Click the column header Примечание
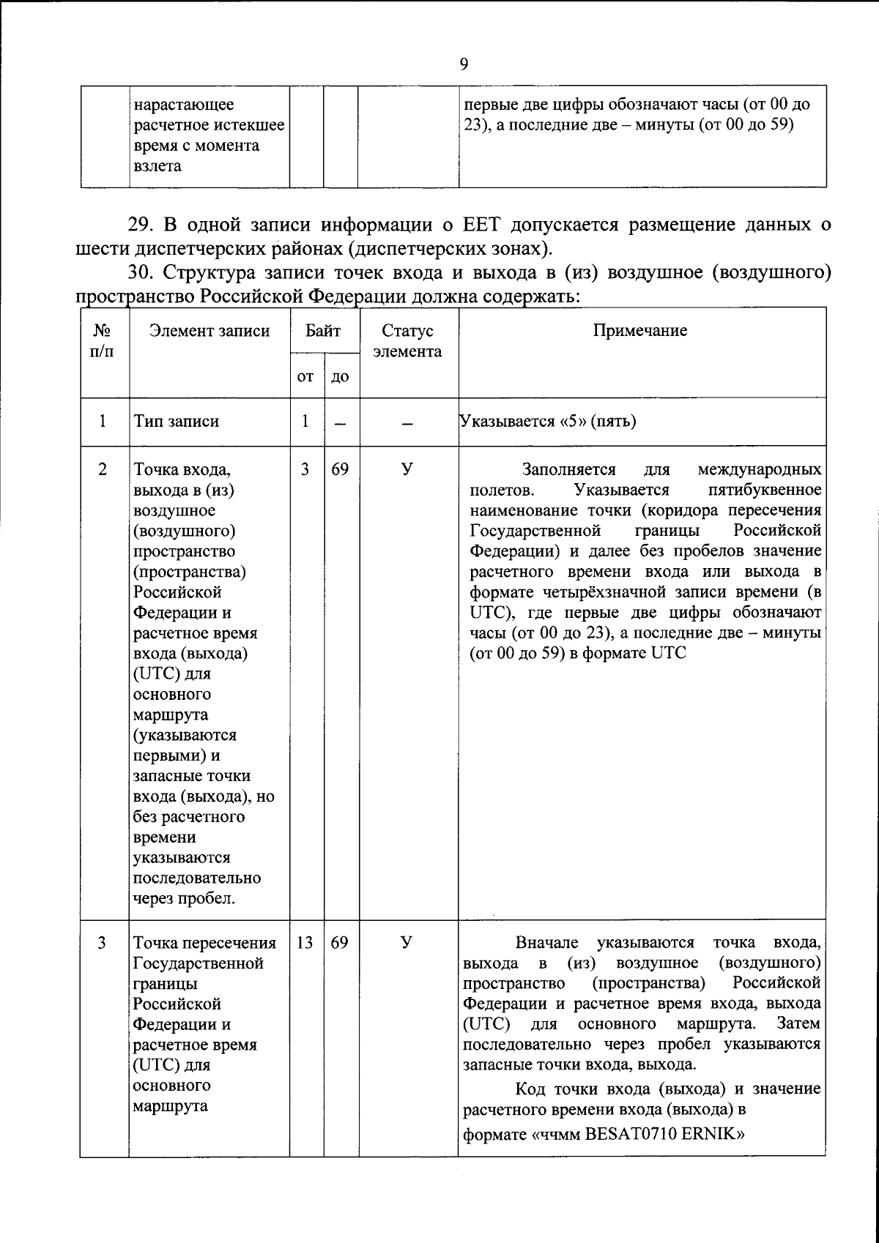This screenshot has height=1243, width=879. pyautogui.click(x=639, y=331)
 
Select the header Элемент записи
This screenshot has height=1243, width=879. pyautogui.click(x=209, y=331)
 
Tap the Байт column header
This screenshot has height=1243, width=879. pyautogui.click(x=323, y=331)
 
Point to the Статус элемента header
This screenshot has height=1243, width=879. pyautogui.click(x=407, y=341)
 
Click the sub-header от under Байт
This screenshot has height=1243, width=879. pyautogui.click(x=305, y=376)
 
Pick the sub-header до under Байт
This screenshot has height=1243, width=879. pyautogui.click(x=340, y=376)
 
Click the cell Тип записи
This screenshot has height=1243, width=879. pyautogui.click(x=176, y=422)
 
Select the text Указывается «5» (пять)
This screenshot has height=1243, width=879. pyautogui.click(x=547, y=422)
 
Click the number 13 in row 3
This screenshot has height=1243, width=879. pyautogui.click(x=305, y=943)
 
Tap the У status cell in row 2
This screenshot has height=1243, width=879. pyautogui.click(x=407, y=469)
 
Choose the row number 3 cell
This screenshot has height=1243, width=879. pyautogui.click(x=102, y=943)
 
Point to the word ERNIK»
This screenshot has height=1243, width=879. pyautogui.click(x=719, y=1135)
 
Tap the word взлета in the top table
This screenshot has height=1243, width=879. pyautogui.click(x=157, y=166)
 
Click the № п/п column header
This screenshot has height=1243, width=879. pyautogui.click(x=103, y=341)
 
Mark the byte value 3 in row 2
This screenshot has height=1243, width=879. pyautogui.click(x=305, y=469)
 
